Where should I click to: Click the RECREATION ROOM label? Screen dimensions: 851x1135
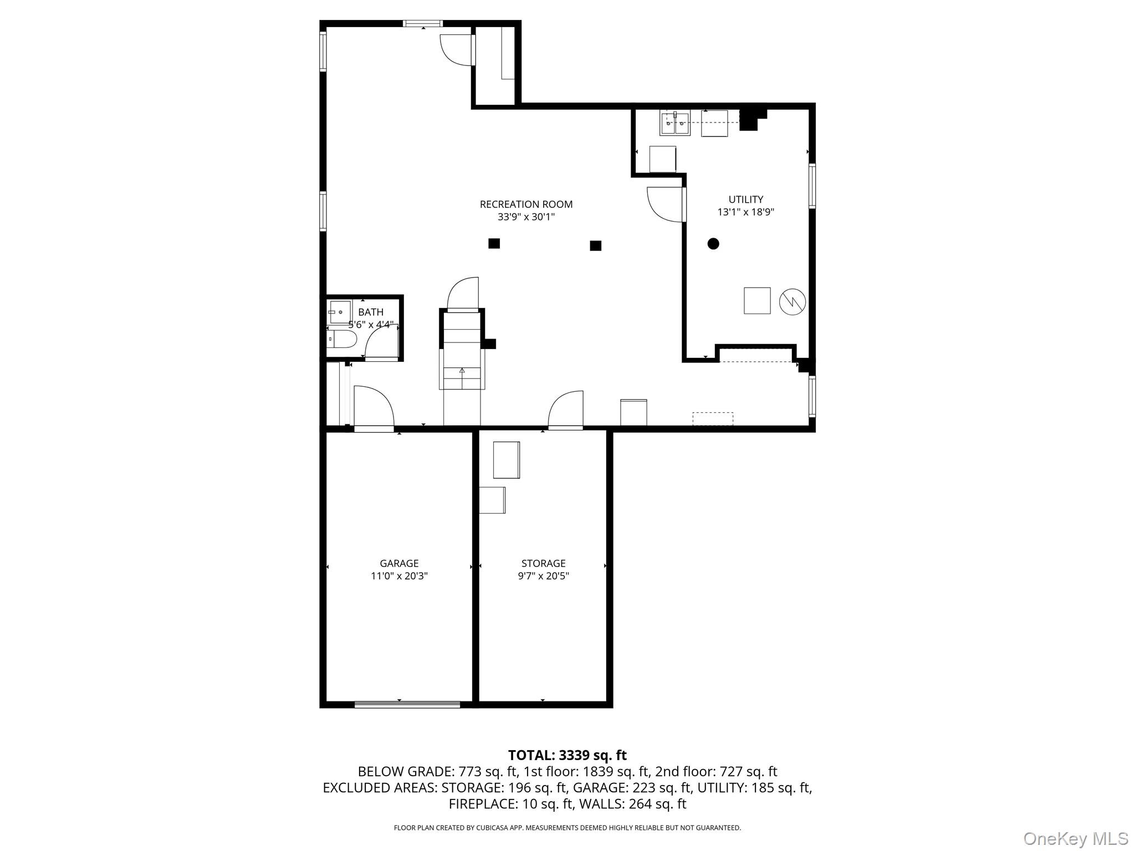pyautogui.click(x=526, y=204)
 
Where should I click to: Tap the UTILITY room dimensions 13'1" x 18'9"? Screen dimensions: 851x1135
pyautogui.click(x=745, y=212)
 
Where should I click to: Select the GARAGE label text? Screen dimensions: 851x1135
pyautogui.click(x=399, y=563)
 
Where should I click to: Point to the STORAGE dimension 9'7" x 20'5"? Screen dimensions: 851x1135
pyautogui.click(x=543, y=576)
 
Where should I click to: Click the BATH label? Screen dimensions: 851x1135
pyautogui.click(x=371, y=312)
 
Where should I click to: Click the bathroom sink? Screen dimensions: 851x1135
pyautogui.click(x=340, y=312)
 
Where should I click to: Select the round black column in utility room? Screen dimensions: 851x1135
pyautogui.click(x=713, y=243)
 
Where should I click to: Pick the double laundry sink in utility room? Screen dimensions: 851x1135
pyautogui.click(x=674, y=123)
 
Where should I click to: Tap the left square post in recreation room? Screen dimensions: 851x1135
pyautogui.click(x=494, y=243)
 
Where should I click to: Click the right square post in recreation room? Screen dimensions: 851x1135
pyautogui.click(x=595, y=245)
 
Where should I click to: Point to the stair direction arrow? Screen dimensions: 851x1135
pyautogui.click(x=462, y=371)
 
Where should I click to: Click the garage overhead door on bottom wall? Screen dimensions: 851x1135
pyautogui.click(x=407, y=704)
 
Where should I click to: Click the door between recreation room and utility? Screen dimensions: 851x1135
pyautogui.click(x=665, y=204)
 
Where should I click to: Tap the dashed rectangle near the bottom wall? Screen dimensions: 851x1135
pyautogui.click(x=713, y=419)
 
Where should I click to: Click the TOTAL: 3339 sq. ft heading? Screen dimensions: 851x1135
pyautogui.click(x=567, y=755)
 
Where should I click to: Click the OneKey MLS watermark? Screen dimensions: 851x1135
pyautogui.click(x=1075, y=838)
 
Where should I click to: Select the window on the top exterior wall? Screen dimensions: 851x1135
pyautogui.click(x=422, y=23)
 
